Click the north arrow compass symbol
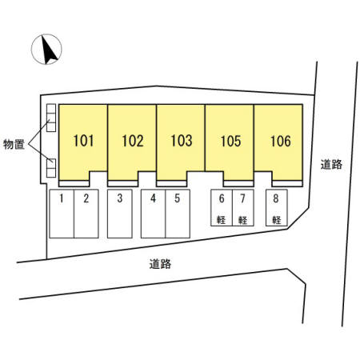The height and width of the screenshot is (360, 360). click(46, 50)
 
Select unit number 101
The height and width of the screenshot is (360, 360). click(83, 141)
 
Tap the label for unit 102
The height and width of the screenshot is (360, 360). click(133, 141)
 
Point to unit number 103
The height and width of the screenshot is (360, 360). click(182, 141)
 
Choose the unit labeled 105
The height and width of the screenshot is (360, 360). click(230, 141)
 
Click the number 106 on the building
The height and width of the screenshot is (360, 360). click(281, 141)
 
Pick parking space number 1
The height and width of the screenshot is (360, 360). click(62, 198)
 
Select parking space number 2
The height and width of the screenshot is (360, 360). click(86, 198)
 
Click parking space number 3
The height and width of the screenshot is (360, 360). click(120, 198)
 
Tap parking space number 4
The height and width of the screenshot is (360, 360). click(153, 198)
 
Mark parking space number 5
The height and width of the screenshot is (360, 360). click(178, 198)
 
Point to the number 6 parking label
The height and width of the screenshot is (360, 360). click(222, 198)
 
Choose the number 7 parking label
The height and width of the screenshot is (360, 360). click(242, 198)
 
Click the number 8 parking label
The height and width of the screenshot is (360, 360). click(276, 198)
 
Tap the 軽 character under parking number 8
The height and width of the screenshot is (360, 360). click(277, 220)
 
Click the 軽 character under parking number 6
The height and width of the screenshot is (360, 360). click(222, 220)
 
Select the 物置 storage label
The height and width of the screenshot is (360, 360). click(14, 144)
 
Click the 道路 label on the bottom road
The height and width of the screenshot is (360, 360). click(160, 264)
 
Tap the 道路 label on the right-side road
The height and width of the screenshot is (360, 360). click(331, 165)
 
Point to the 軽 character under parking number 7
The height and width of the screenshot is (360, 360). click(242, 220)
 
